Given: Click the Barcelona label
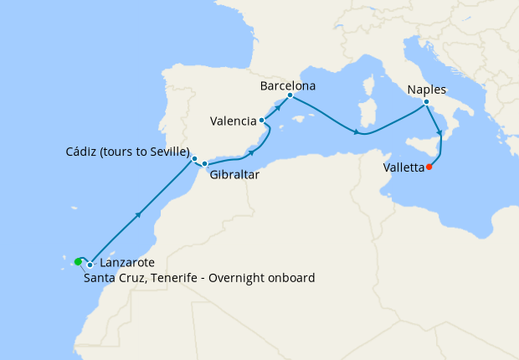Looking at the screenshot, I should [287, 85].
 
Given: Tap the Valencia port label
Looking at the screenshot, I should [233, 121].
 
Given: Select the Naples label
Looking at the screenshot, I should [427, 90].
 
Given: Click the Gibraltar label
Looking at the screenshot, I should [234, 176].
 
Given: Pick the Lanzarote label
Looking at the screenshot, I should [122, 263].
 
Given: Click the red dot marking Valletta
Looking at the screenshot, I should [429, 167].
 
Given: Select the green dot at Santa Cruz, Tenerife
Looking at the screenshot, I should [78, 261].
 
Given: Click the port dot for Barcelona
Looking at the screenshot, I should [290, 95].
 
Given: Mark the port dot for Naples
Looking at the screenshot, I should [426, 102].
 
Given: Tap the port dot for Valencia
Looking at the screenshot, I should [262, 121].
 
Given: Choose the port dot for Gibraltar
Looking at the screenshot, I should [205, 163].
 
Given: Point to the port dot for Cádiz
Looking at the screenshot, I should [194, 158].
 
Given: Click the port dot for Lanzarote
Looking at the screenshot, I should [90, 264].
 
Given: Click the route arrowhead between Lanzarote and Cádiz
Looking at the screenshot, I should [137, 215].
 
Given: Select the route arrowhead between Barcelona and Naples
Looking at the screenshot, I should [357, 132].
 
